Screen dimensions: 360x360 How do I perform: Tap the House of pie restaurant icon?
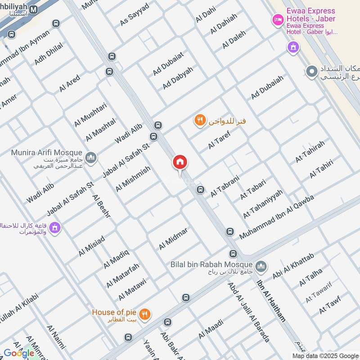144,315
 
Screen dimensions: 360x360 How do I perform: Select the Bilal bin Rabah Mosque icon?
261,265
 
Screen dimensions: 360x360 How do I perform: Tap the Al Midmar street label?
173,238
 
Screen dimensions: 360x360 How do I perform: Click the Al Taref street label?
219,140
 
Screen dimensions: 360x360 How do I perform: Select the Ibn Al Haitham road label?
271,301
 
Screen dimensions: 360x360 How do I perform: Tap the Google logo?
19,353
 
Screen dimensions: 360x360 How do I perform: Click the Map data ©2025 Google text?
324,355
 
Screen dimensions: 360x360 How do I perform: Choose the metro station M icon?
34,9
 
